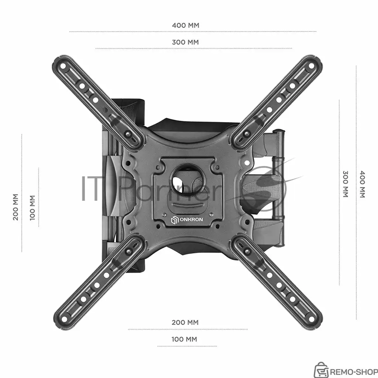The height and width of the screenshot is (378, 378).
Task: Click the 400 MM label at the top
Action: tap(186, 25)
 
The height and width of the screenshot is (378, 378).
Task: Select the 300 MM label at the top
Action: tap(185, 42)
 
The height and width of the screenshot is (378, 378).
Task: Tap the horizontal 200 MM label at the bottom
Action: tap(185, 322)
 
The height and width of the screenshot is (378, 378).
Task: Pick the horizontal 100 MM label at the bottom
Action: tap(184, 339)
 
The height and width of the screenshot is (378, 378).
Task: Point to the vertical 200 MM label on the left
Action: tap(16, 207)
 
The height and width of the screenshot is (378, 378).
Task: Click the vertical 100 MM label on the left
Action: tap(32, 208)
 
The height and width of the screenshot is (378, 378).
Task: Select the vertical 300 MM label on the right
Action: tap(346, 184)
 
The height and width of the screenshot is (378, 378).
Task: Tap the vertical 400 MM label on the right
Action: tap(362, 184)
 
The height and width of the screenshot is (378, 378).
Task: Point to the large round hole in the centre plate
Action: tap(187, 179)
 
